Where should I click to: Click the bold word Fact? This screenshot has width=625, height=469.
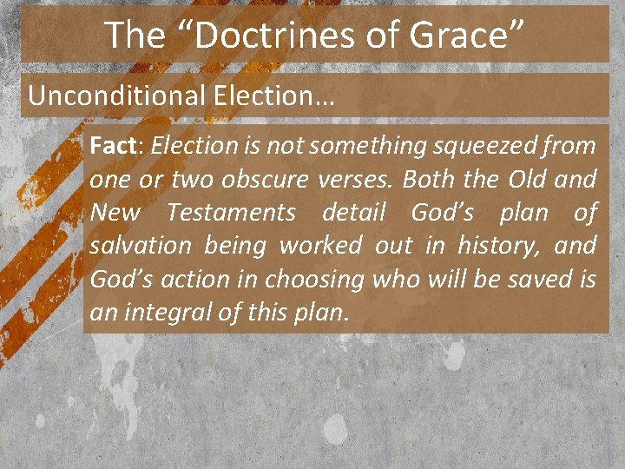109,145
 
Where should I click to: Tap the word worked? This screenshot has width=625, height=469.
320,246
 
